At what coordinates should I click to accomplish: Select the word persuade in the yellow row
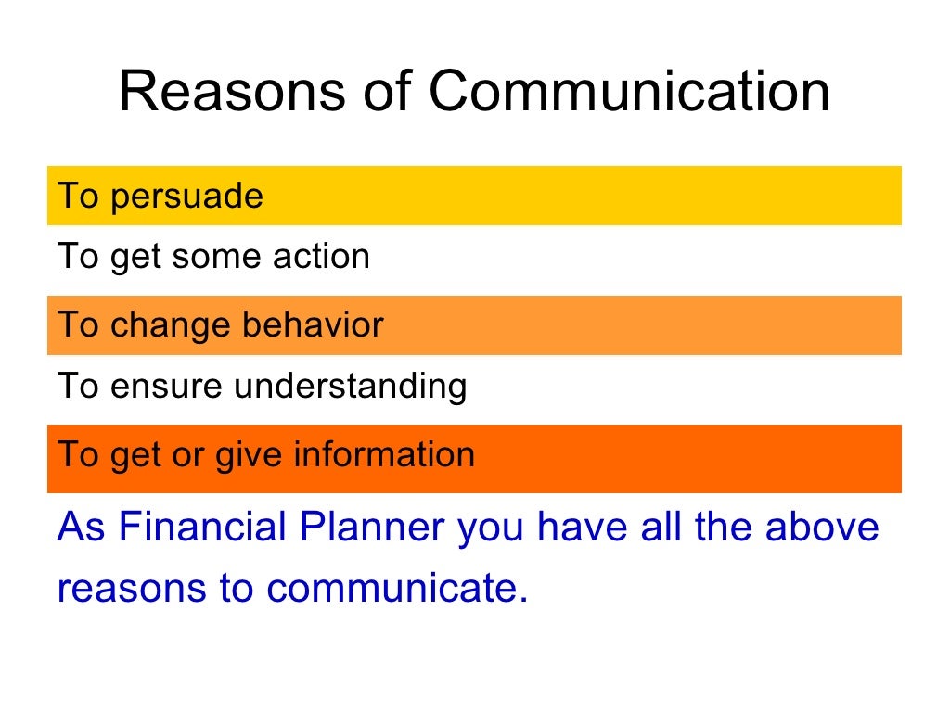(186, 197)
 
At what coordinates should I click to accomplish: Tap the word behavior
(313, 325)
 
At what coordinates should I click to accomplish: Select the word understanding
(351, 385)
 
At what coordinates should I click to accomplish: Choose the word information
(384, 454)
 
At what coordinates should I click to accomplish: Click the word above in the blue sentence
(821, 527)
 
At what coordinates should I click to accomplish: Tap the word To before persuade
(79, 197)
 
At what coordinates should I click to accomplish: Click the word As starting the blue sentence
(82, 527)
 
